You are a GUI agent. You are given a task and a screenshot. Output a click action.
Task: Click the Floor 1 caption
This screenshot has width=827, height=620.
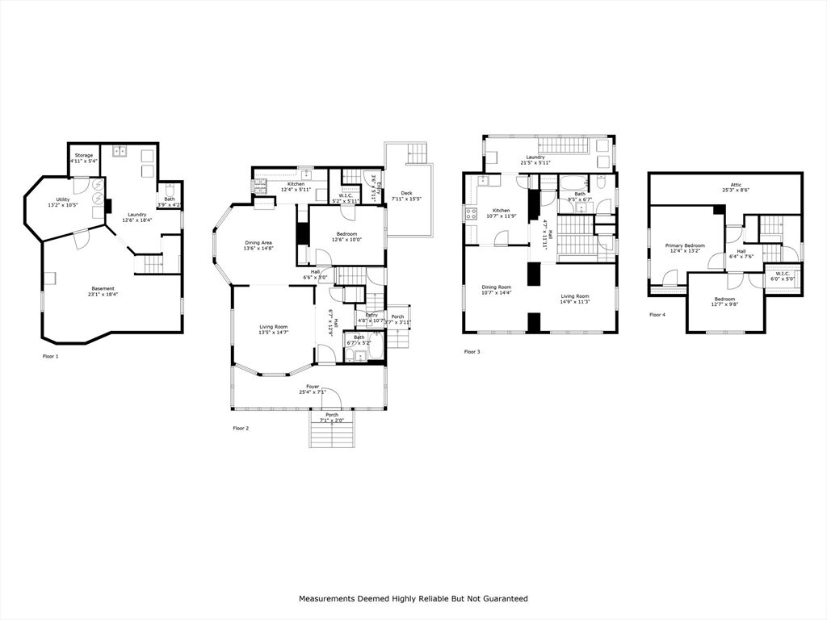click(50, 355)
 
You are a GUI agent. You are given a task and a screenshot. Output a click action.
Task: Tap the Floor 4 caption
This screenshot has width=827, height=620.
click(657, 315)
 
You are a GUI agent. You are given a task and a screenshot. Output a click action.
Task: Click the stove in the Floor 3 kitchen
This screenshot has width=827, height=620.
click(470, 214)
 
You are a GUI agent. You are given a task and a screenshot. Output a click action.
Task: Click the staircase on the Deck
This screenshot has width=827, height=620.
click(417, 152)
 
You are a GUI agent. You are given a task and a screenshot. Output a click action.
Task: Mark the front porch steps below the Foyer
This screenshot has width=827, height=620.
click(332, 435)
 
